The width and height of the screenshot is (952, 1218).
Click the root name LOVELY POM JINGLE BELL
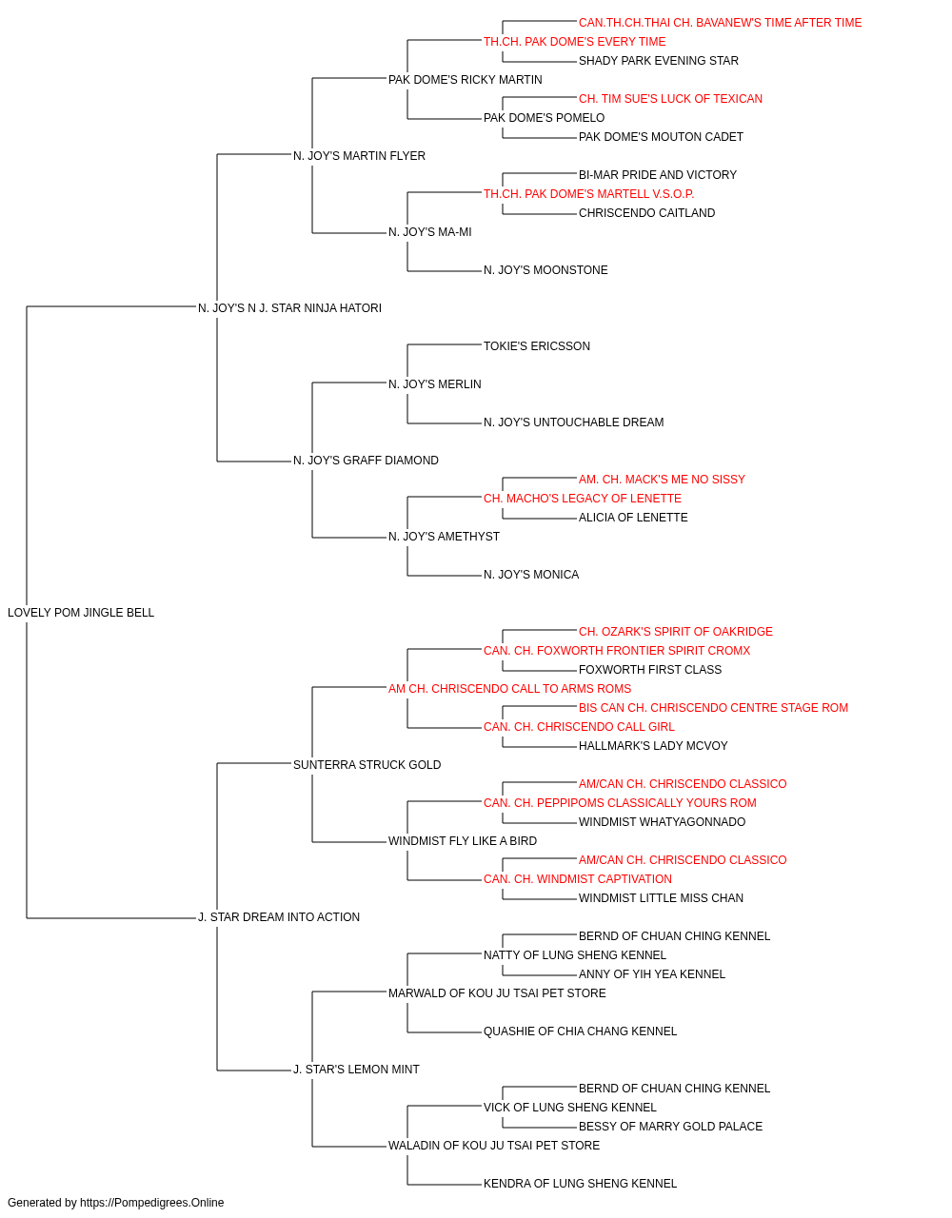pos(81,613)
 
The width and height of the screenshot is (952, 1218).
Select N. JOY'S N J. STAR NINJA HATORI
pos(289,308)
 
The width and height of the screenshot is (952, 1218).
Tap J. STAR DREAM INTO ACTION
pos(279,917)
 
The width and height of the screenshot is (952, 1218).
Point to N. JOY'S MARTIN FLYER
pos(359,156)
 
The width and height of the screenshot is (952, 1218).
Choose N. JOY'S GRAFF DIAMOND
pos(366,461)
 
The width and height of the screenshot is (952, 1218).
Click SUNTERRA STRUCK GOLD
pos(367,764)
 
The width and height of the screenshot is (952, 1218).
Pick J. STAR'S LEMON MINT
pos(356,1069)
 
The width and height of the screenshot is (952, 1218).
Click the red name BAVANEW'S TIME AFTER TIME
pos(779,23)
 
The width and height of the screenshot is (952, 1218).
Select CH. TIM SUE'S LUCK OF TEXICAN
pos(670,99)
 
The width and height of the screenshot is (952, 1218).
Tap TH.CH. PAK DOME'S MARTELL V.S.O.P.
pos(588,194)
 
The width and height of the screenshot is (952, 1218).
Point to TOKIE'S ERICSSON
pos(537,346)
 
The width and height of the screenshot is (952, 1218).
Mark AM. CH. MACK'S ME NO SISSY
pos(662,480)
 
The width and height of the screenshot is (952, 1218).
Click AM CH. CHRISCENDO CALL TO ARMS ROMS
pos(509,688)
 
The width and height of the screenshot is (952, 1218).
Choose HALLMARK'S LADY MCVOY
pos(653,745)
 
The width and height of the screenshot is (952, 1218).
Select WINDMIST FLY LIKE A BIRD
pos(463,841)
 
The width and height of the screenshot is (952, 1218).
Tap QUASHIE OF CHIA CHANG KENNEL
pos(581,1031)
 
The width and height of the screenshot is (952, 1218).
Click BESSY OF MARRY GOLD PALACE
pos(670,1126)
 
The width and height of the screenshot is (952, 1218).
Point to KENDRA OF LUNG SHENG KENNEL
pos(581,1183)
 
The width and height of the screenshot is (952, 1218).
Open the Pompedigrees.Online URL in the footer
pos(152,1203)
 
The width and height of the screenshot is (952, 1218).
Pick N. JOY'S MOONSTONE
pos(545,270)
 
